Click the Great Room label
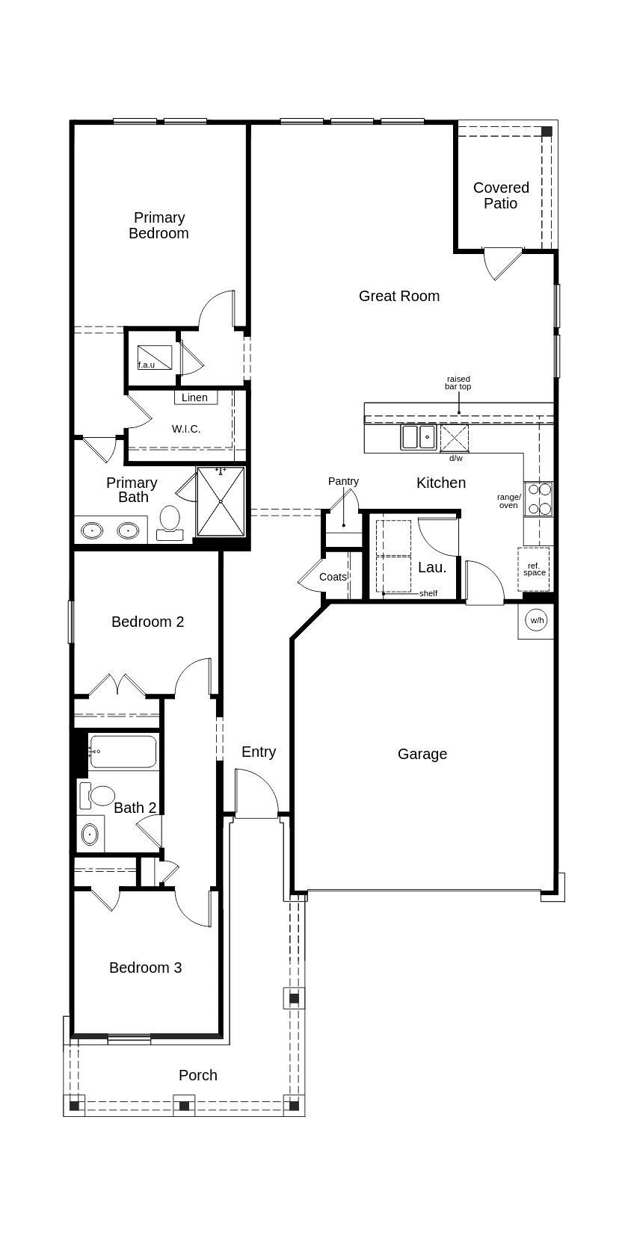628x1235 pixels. tap(399, 296)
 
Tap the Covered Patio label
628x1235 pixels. tap(501, 195)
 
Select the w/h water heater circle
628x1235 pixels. tap(537, 620)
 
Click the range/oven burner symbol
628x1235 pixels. tap(538, 499)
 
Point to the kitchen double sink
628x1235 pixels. tap(418, 437)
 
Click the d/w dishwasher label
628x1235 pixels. tap(456, 458)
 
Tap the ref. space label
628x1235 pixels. tap(535, 569)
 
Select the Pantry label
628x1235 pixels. tap(343, 481)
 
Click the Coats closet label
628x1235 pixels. tap(333, 577)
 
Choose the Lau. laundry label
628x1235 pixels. tap(432, 567)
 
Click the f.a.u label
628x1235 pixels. tap(147, 365)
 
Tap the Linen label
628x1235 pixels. tap(195, 397)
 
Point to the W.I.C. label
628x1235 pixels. tap(186, 429)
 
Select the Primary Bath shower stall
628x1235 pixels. tap(221, 501)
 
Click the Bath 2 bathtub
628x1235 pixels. tap(123, 752)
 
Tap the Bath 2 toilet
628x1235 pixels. tap(96, 796)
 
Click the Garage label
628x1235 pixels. tap(422, 755)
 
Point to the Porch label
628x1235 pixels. tap(198, 1075)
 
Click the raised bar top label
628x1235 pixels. tap(458, 383)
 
